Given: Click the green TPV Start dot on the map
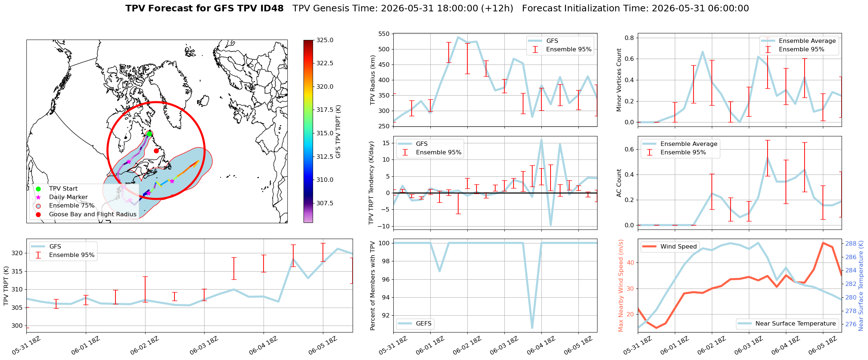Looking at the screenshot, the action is coord(149,134).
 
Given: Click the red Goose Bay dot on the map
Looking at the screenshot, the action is coord(156,151).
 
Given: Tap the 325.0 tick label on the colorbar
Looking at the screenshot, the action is coord(325,40).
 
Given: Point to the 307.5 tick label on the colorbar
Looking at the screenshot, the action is coord(325,203).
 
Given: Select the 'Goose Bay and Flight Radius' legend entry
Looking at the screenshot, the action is coord(93,214).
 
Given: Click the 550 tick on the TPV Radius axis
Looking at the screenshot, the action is coord(385,34).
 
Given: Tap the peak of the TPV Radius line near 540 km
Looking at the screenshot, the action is coord(458,37).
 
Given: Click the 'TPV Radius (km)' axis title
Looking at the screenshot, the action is coord(373,80).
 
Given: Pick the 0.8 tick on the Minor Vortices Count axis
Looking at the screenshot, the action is coord(629,38).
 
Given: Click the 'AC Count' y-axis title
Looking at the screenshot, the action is coord(619,183).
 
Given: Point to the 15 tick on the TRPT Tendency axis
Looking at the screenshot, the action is coord(386,143).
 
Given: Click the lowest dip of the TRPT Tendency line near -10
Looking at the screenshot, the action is coord(551,225).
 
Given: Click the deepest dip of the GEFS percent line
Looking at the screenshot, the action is coord(532,328).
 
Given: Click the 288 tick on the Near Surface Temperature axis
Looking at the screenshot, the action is coord(851,243).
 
